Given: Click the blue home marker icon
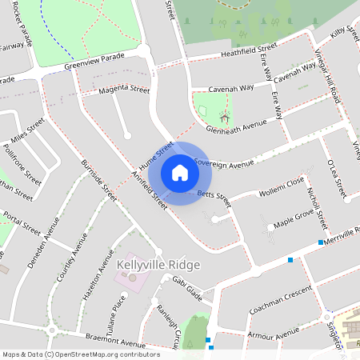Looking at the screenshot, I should tap(180, 173).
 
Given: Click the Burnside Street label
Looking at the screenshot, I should tap(100, 181).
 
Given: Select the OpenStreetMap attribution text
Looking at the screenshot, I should tap(81, 354).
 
